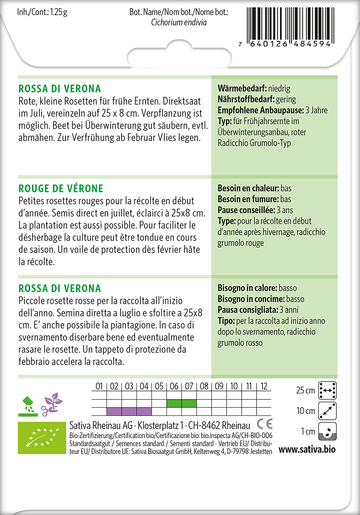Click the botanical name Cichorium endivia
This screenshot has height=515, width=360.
tap(179, 22)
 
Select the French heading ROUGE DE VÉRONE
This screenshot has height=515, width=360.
tap(61, 188)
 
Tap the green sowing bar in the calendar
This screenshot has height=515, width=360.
tap(182, 403)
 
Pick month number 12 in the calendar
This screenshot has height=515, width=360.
tap(264, 387)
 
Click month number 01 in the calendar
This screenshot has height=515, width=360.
tap(99, 387)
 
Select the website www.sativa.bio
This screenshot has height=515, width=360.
tap(307, 450)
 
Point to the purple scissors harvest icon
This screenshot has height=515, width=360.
tap(51, 403)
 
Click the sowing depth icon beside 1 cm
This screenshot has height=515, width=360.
tap(327, 431)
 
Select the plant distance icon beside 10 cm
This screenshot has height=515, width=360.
tap(327, 411)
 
